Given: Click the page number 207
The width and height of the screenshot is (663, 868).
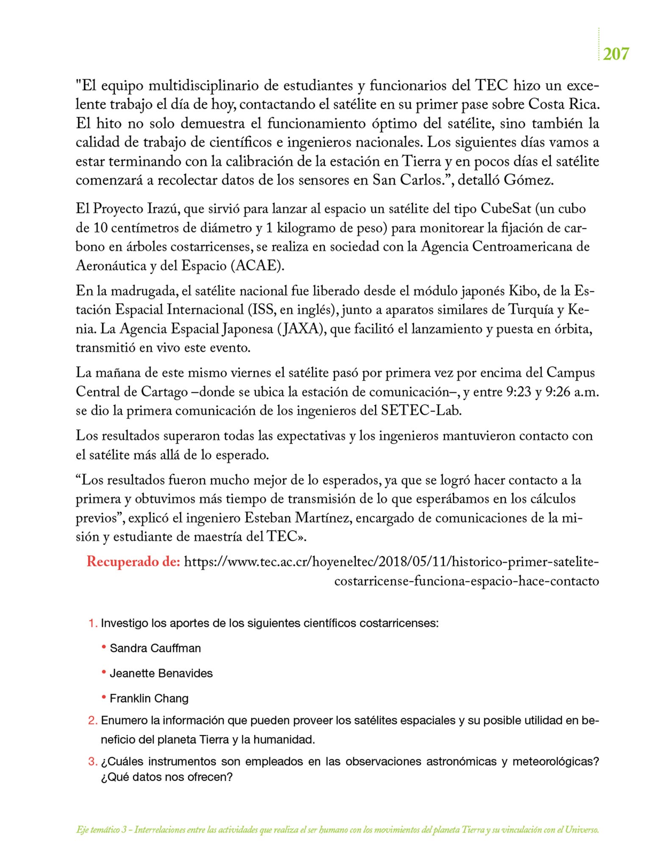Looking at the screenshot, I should tap(616, 54).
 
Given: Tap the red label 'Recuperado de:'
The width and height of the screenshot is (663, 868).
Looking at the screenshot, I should tap(134, 562).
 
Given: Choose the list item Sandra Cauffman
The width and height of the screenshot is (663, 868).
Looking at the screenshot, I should tap(155, 648).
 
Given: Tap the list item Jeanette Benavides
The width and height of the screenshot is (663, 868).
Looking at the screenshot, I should tap(161, 673).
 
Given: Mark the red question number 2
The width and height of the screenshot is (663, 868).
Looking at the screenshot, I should tap(92, 721).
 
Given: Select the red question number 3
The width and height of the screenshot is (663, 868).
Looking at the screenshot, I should tap(92, 762).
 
